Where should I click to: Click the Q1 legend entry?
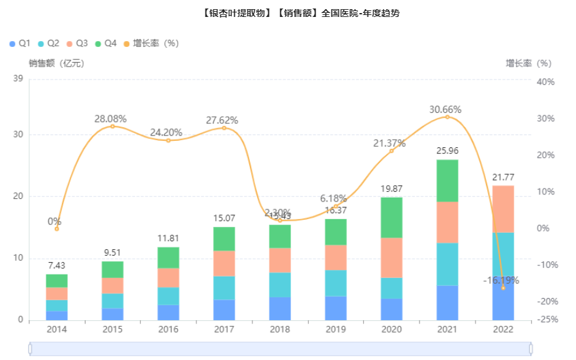[20, 43]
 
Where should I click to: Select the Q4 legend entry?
[106, 43]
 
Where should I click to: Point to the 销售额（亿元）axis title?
[56, 63]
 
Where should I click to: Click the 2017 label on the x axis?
[224, 329]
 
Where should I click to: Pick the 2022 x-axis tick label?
[502, 329]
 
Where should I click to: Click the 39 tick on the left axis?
[18, 79]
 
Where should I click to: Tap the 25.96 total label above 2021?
[447, 151]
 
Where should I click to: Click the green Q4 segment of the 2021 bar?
[447, 181]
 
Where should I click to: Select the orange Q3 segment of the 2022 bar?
[502, 209]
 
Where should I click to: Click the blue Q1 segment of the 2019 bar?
[336, 308]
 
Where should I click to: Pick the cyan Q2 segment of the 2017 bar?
[224, 288]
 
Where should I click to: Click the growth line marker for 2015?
[112, 126]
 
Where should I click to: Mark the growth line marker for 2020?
[391, 151]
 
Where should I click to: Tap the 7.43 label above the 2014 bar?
[57, 266]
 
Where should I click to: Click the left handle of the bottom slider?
[30, 350]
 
